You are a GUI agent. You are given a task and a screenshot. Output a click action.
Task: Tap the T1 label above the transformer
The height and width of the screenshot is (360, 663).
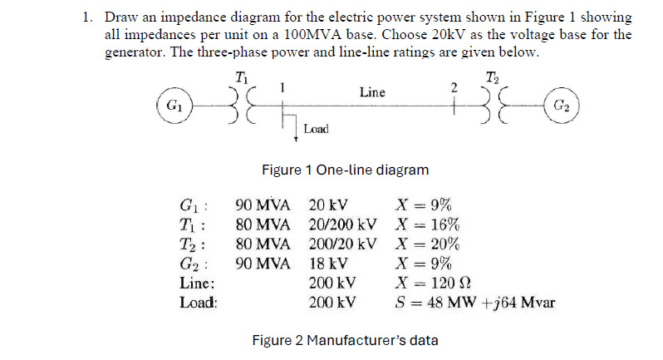pyautogui.click(x=242, y=77)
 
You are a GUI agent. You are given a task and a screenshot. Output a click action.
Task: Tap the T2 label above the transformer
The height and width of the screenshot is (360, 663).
pyautogui.click(x=492, y=77)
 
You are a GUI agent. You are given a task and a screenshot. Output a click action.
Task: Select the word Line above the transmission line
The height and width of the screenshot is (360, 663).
pyautogui.click(x=372, y=91)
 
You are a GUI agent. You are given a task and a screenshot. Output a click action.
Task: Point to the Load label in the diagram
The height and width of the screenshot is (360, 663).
pyautogui.click(x=316, y=129)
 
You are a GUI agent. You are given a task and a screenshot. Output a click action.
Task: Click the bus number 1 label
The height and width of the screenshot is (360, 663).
pyautogui.click(x=283, y=86)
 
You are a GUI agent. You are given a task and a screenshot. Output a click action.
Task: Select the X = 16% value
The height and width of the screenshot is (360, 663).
pyautogui.click(x=428, y=225)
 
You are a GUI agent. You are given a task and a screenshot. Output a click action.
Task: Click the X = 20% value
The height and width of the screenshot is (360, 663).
pyautogui.click(x=428, y=245)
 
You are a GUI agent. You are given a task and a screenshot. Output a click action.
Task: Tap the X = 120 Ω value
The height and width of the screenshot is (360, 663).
pyautogui.click(x=435, y=284)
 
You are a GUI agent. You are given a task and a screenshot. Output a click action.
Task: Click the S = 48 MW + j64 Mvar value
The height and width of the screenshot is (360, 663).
pyautogui.click(x=474, y=303)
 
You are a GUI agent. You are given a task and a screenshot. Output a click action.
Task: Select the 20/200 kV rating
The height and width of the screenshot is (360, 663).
pyautogui.click(x=342, y=225)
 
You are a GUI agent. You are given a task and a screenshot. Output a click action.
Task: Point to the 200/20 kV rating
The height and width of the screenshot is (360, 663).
pyautogui.click(x=342, y=245)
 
